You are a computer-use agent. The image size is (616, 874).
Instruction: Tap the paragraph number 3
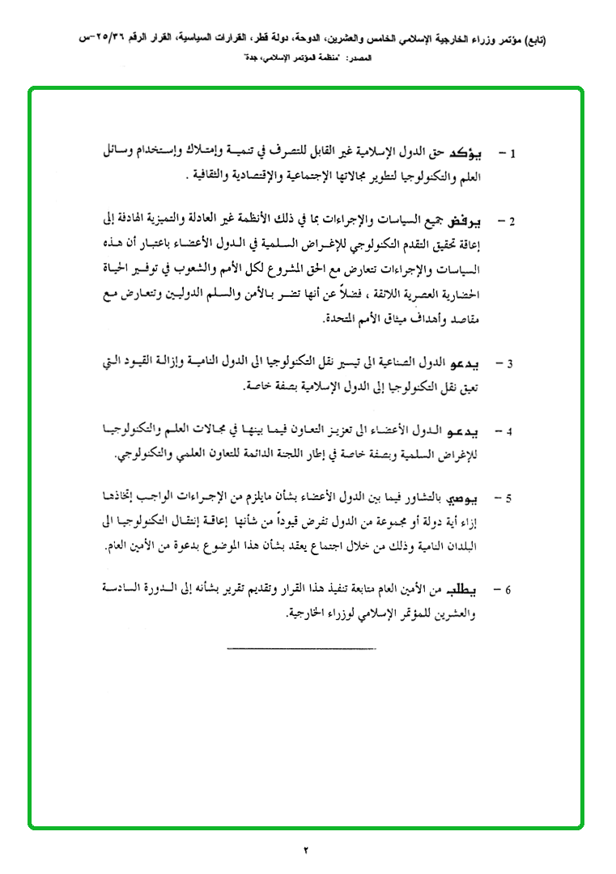coord(511,363)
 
